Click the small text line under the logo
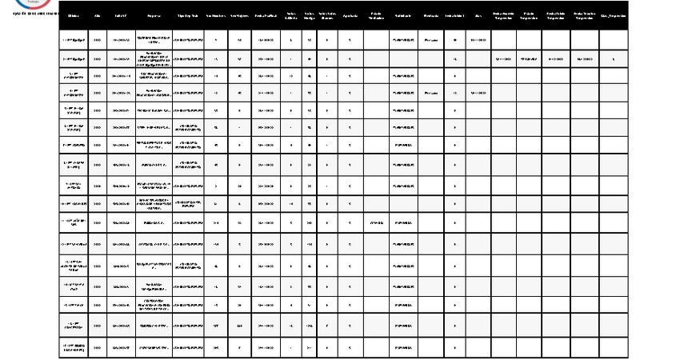click(30, 14)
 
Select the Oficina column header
click(74, 15)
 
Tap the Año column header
click(98, 15)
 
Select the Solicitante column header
click(402, 15)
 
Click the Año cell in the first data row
click(98, 38)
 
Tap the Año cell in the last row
click(98, 348)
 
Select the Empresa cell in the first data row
click(154, 38)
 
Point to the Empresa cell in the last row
click(154, 348)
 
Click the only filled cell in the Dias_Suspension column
click(612, 58)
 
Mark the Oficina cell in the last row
click(74, 348)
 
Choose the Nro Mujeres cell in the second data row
click(239, 58)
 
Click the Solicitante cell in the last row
click(402, 348)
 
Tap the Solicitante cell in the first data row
click(402, 38)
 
